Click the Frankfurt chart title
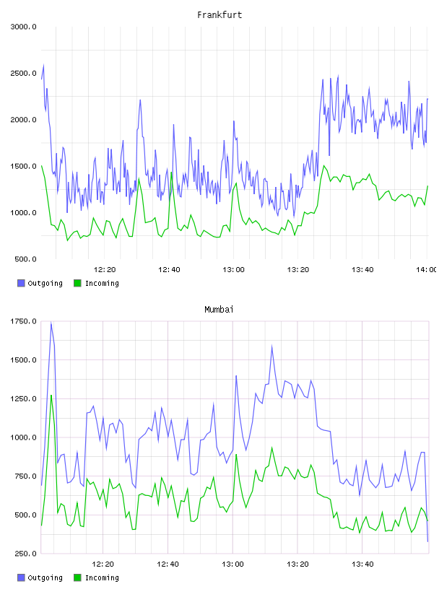219,14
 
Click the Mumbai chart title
219,309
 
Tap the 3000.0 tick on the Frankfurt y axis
23,27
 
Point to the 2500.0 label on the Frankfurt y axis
23,73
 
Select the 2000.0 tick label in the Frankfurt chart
23,120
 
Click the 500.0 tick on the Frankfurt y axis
25,259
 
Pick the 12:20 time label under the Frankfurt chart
105,270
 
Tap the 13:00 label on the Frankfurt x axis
233,270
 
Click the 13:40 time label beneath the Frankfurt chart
362,270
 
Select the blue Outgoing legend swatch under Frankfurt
21,283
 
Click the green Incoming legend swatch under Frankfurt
77,283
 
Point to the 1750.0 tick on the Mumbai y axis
23,321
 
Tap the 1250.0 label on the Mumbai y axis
23,399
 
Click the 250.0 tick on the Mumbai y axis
25,554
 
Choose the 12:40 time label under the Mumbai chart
168,564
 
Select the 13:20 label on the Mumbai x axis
297,564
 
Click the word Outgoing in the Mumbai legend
45,578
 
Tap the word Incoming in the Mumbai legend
102,578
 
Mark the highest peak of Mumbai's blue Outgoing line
51,323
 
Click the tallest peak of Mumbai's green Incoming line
51,395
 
